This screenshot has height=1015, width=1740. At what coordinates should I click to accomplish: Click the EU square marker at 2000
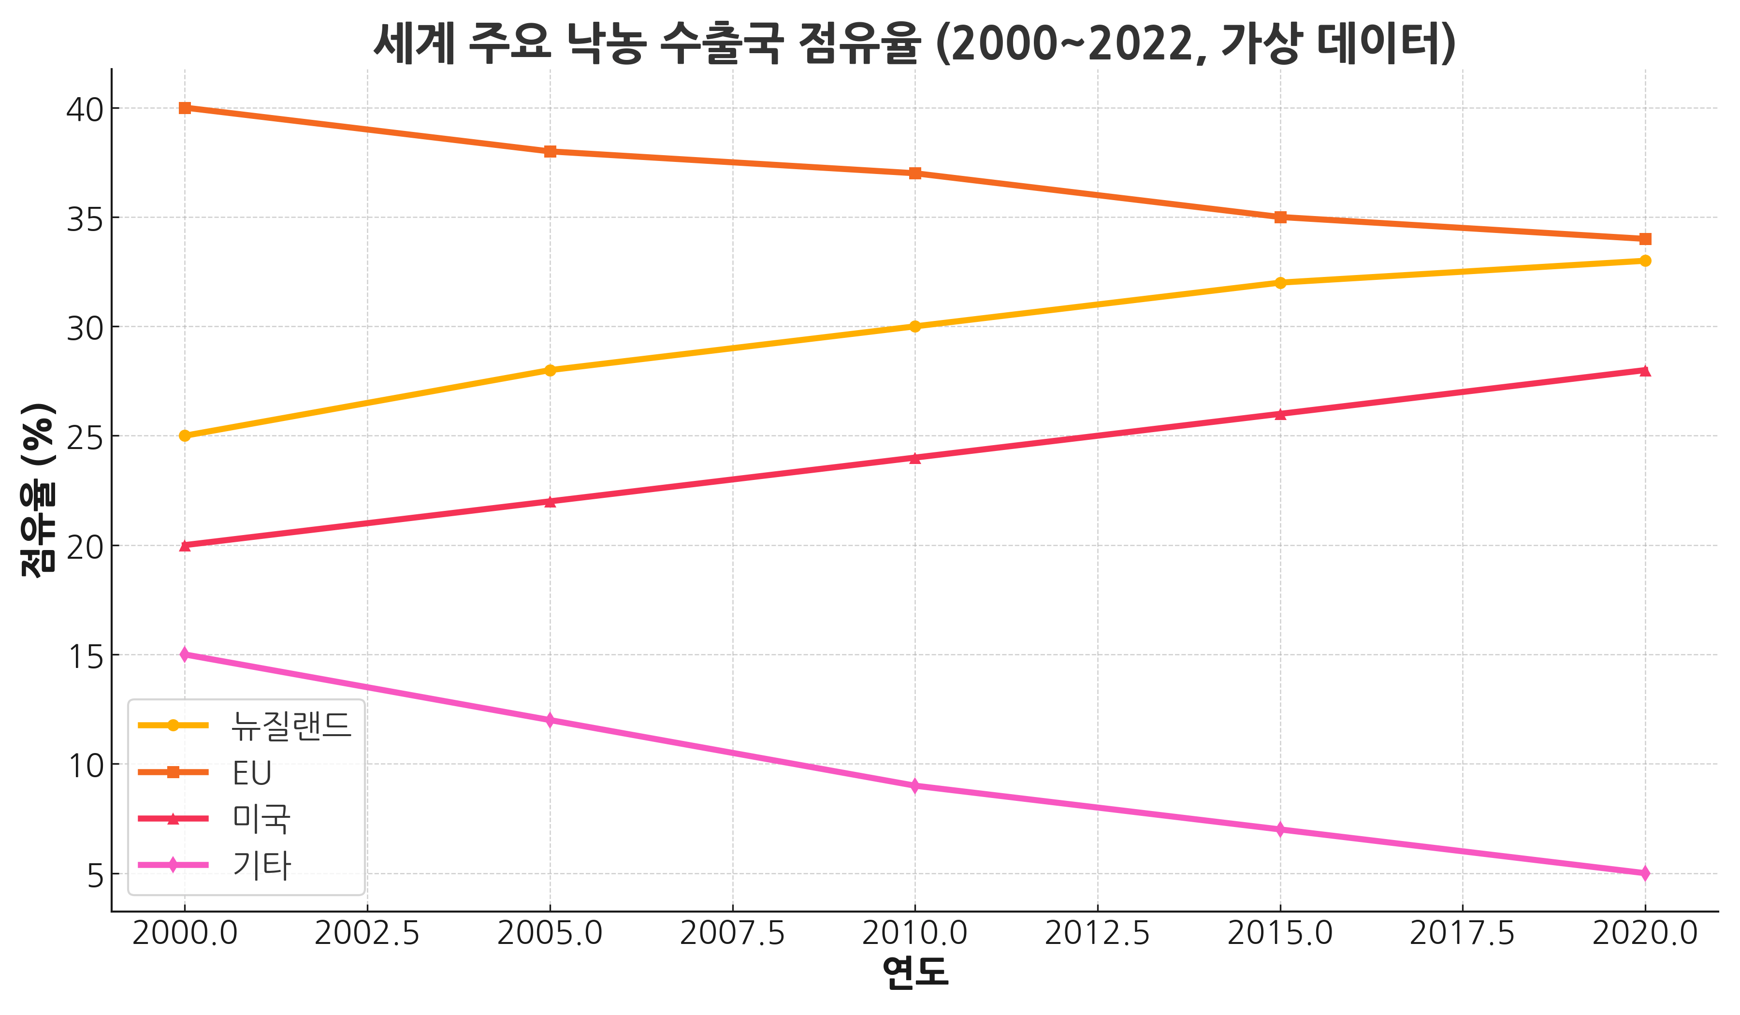tap(185, 108)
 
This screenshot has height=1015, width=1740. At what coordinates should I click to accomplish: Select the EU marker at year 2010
tap(915, 174)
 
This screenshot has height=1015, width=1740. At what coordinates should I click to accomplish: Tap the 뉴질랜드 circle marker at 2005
tap(550, 370)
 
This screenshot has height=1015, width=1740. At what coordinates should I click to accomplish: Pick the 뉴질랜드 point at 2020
tap(1645, 261)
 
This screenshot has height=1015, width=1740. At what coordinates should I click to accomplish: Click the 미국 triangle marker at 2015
tap(1280, 414)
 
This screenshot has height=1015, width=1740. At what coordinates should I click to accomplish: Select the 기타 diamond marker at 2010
tap(915, 786)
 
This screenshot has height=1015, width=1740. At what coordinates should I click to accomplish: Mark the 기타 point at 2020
tap(1645, 873)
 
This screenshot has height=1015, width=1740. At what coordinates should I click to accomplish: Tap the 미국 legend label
tap(261, 819)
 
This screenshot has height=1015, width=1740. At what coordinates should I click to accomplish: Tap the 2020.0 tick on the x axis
tap(1645, 933)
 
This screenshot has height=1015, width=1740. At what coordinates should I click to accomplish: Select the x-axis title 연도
tap(915, 973)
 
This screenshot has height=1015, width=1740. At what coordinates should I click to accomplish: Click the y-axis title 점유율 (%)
tap(38, 490)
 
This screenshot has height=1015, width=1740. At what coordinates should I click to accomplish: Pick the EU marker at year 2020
tap(1645, 239)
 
